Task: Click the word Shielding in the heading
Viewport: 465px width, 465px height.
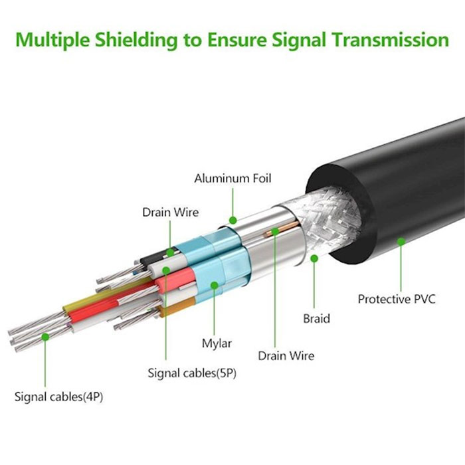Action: tap(136, 40)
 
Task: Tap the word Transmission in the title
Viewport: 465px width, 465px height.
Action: tap(391, 40)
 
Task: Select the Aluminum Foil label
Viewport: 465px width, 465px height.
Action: tap(232, 179)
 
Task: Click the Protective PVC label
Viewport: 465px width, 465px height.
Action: tap(397, 299)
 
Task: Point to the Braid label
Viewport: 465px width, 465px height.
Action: tap(316, 318)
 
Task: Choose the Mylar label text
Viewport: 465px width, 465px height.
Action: tap(217, 343)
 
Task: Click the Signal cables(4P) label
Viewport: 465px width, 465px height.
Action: tap(58, 397)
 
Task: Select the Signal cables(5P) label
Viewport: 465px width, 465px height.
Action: tap(192, 373)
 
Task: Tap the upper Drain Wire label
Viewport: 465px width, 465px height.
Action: tap(171, 213)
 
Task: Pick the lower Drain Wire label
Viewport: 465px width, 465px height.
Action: tap(286, 355)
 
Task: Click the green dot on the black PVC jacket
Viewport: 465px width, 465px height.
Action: tap(401, 241)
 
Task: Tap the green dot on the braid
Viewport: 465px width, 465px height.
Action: tap(314, 258)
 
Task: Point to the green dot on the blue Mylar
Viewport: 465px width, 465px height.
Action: tap(215, 285)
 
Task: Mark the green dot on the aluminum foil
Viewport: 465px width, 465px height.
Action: tap(233, 221)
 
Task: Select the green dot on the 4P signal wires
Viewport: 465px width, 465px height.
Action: tap(45, 337)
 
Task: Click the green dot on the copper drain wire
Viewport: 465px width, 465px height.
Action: tap(275, 231)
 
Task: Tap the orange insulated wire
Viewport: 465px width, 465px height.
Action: tap(177, 307)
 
